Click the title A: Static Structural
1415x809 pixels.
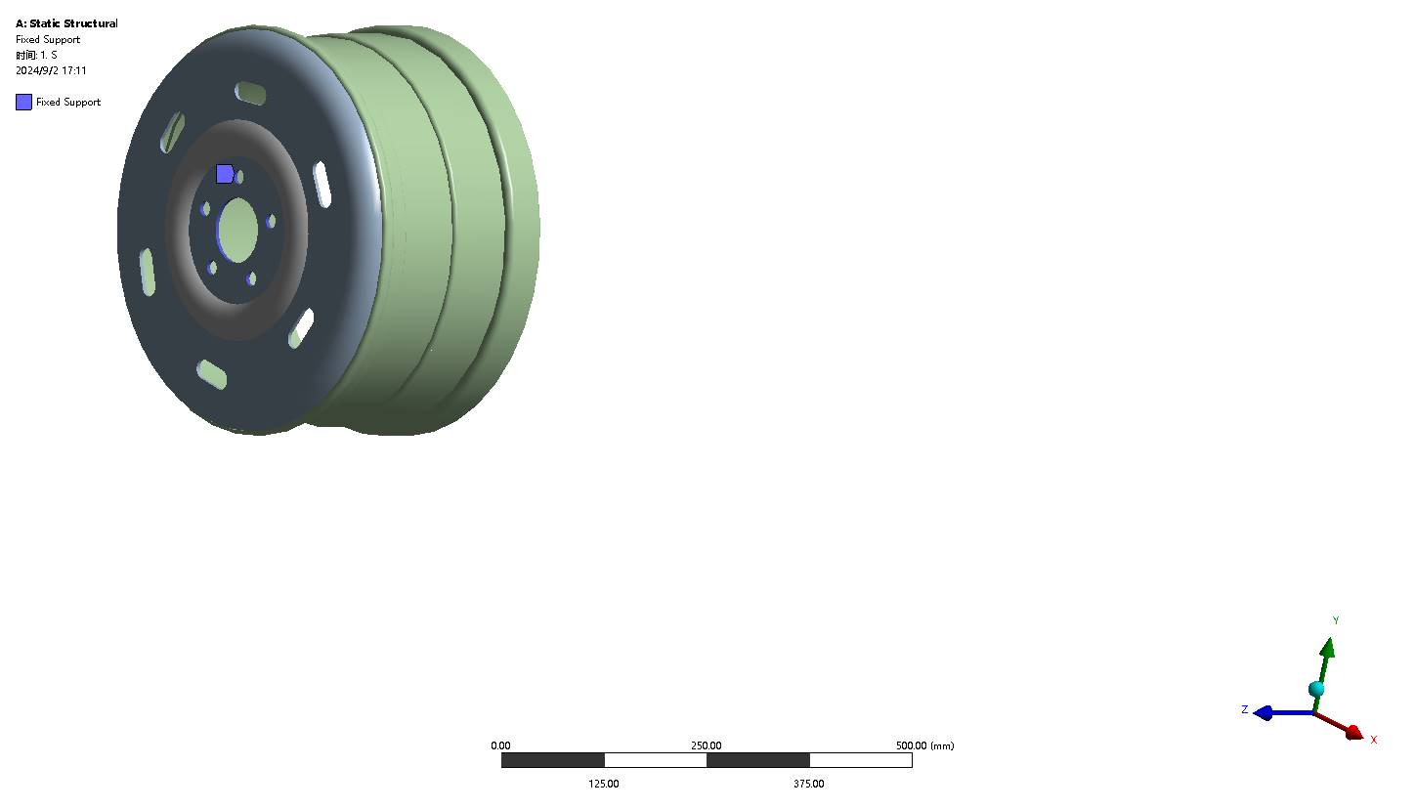click(66, 23)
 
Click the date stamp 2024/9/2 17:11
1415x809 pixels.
click(51, 70)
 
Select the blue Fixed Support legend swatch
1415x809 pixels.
click(24, 103)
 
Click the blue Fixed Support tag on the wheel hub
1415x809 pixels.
click(225, 174)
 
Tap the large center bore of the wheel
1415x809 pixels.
click(237, 231)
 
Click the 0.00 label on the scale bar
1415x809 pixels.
click(500, 745)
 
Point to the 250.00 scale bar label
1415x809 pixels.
click(707, 745)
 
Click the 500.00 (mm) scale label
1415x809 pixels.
click(924, 745)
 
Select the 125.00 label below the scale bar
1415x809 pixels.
click(603, 784)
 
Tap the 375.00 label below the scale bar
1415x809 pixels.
click(808, 784)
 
